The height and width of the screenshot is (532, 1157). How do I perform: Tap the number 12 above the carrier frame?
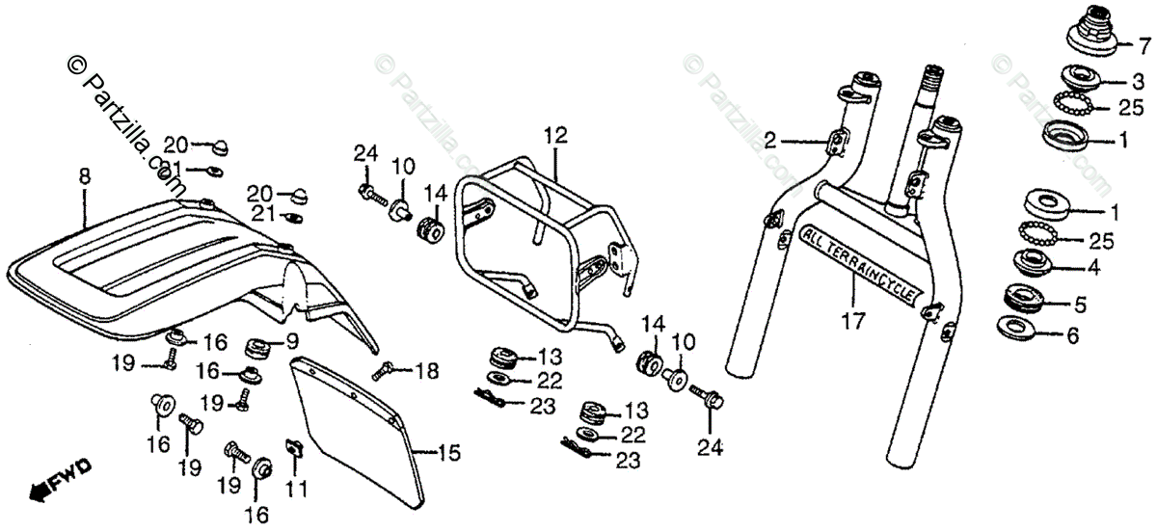(551, 135)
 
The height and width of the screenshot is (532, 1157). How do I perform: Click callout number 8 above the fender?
(84, 176)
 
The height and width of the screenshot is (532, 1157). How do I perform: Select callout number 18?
(426, 369)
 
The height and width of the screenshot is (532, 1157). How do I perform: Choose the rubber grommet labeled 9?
(258, 345)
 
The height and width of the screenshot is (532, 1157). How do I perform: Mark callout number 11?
(296, 489)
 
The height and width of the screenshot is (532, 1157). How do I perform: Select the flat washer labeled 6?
(1016, 328)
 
